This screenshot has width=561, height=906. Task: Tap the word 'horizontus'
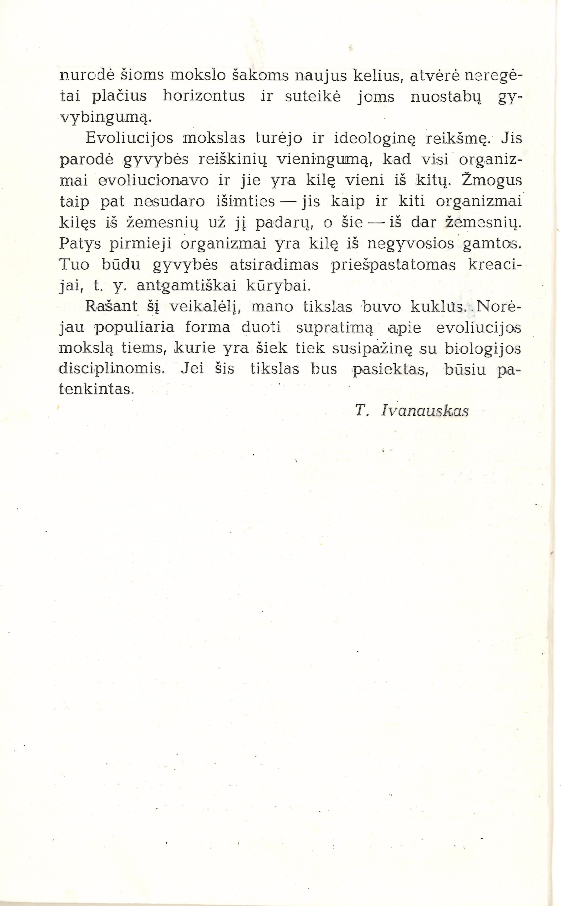[x=204, y=96]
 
